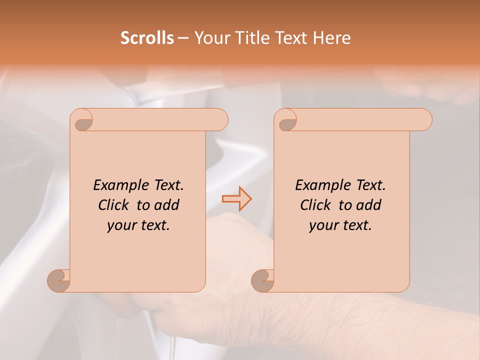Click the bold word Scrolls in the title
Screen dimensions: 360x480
click(147, 38)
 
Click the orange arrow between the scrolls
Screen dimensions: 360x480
click(236, 199)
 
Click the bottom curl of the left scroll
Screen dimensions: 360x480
click(59, 280)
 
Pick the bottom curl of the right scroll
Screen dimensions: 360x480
click(262, 280)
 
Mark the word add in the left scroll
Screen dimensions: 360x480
click(167, 205)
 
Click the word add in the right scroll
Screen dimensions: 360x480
click(369, 205)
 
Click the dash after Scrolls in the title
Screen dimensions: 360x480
click(183, 38)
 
